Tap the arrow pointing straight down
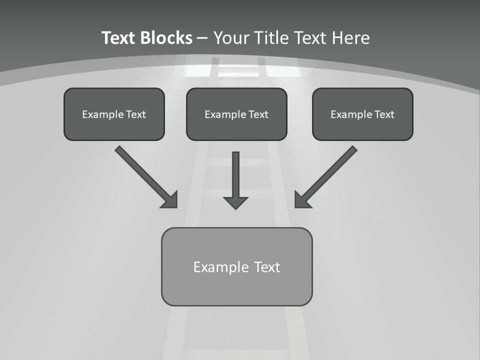[x=235, y=177]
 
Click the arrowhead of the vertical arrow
[x=235, y=202]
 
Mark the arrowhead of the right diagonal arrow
[x=301, y=200]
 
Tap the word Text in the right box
[x=384, y=114]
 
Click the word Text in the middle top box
[x=258, y=114]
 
